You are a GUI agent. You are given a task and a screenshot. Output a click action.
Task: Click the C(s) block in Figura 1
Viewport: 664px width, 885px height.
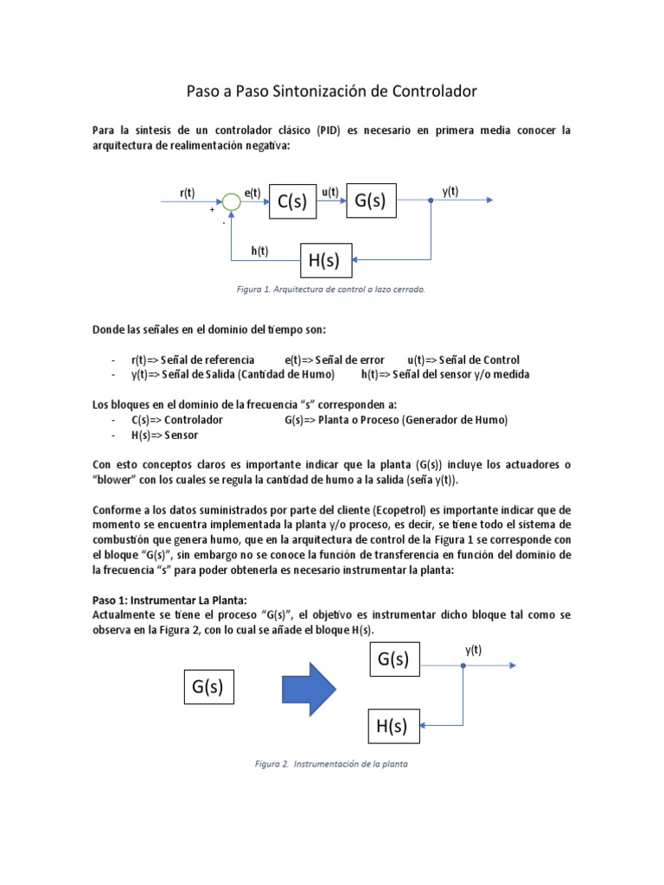pos(292,202)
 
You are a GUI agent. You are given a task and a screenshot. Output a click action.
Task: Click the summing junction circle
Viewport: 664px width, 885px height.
pos(231,202)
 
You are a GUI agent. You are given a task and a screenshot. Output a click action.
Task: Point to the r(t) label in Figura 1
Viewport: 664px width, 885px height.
pos(188,193)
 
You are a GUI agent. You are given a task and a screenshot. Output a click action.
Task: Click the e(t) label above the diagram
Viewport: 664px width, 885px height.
pos(253,193)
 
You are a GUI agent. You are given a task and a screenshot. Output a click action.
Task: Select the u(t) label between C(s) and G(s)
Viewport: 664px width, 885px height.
pos(329,193)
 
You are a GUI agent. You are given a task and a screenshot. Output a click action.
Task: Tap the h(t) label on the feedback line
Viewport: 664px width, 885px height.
pos(259,251)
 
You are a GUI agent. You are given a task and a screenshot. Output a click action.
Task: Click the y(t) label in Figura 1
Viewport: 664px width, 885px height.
pos(450,192)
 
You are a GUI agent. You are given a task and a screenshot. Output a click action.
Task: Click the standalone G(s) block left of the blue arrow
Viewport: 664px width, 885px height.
pos(208,687)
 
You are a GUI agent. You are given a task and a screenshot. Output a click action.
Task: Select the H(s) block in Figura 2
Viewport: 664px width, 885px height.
pos(392,727)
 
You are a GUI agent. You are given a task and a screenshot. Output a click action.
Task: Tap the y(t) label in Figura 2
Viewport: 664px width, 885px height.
pos(474,649)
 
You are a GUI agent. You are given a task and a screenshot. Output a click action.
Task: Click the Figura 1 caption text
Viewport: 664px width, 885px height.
pos(332,290)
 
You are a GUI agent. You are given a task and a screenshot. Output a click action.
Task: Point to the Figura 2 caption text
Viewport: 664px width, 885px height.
pos(331,764)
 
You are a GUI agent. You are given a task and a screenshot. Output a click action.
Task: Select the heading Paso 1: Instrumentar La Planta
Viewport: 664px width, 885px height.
pos(170,600)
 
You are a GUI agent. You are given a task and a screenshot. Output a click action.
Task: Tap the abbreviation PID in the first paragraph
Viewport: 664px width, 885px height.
pos(329,131)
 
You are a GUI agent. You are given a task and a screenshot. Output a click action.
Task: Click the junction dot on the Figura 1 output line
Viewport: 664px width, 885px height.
pos(431,201)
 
